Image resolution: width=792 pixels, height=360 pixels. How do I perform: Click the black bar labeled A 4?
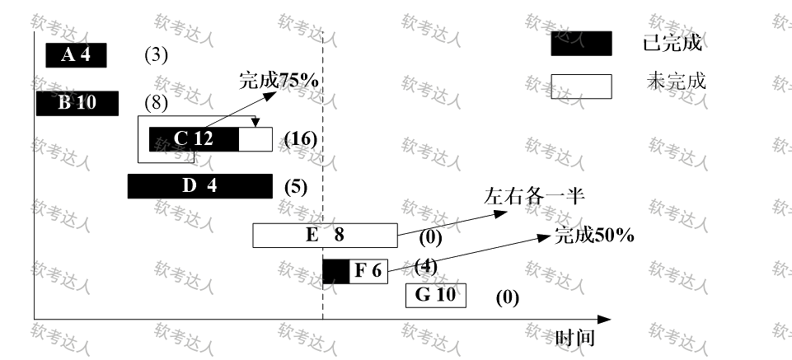pyautogui.click(x=75, y=55)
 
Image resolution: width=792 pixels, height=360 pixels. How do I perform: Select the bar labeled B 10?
pyautogui.click(x=77, y=104)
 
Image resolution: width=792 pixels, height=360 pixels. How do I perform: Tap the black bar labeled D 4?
pyautogui.click(x=199, y=186)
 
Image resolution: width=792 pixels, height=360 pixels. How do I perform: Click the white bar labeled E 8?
pyautogui.click(x=326, y=235)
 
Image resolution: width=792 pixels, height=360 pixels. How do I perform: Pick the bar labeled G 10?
pyautogui.click(x=435, y=295)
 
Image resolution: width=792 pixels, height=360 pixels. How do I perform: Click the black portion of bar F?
pyautogui.click(x=335, y=271)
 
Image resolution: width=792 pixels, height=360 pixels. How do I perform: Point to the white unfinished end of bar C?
pyautogui.click(x=255, y=139)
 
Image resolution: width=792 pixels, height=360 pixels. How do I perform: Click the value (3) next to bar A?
pyautogui.click(x=156, y=55)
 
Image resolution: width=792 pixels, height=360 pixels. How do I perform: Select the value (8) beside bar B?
pyautogui.click(x=156, y=104)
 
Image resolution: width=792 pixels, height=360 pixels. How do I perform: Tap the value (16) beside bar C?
pyautogui.click(x=299, y=138)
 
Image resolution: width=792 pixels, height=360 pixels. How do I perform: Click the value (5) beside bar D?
pyautogui.click(x=295, y=186)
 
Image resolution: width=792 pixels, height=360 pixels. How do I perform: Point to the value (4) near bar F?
pyautogui.click(x=424, y=265)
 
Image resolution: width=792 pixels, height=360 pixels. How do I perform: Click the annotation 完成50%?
pyautogui.click(x=593, y=236)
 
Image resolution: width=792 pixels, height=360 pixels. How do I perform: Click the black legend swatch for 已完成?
pyautogui.click(x=581, y=44)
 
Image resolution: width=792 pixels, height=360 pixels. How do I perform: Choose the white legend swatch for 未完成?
pyautogui.click(x=581, y=86)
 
